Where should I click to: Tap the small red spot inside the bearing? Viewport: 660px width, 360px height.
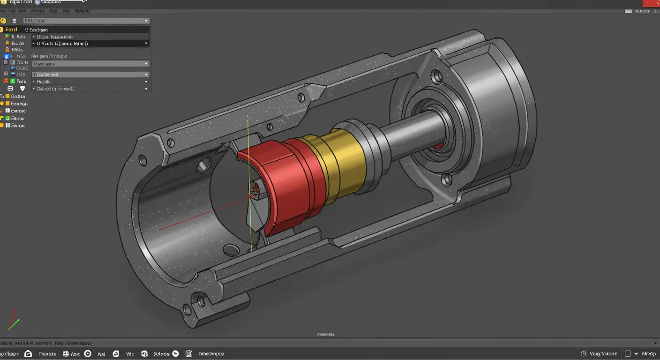[437, 146]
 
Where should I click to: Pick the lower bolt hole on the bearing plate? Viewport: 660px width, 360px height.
[447, 179]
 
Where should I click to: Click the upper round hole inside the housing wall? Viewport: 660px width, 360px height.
[204, 165]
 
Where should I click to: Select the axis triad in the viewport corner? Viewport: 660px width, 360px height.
[13, 321]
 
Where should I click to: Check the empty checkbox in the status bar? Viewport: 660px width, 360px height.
[628, 354]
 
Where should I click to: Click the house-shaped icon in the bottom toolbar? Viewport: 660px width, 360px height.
[28, 354]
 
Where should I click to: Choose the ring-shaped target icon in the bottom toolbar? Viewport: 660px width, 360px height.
[88, 354]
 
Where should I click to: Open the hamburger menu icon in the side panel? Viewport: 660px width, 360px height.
[14, 21]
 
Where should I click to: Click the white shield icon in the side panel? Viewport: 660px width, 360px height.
[22, 89]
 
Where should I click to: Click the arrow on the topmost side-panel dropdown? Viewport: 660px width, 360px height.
[146, 21]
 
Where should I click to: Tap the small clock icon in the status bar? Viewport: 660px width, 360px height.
[583, 354]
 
